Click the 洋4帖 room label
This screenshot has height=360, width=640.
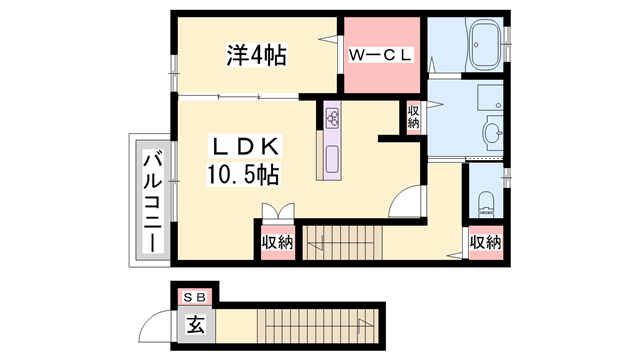255,56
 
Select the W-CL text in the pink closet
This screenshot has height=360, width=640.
380,57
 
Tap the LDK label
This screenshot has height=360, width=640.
246,146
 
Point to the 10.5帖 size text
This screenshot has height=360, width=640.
243,175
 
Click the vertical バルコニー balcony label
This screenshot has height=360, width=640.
151,200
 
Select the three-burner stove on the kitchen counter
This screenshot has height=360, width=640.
333,118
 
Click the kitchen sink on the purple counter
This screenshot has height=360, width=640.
332,159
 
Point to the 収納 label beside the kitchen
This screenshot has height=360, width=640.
413,117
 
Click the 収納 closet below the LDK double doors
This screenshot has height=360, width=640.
278,242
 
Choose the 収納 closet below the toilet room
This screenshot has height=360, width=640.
485,242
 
